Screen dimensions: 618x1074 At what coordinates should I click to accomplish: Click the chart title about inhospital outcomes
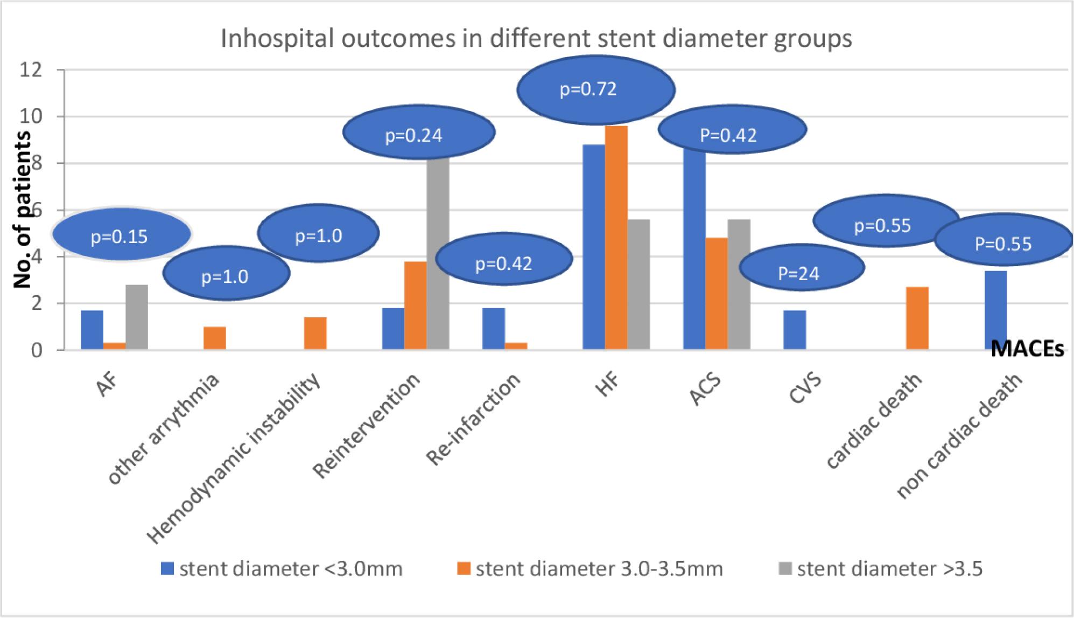coord(536,39)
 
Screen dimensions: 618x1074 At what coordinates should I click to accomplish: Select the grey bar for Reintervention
coord(438,253)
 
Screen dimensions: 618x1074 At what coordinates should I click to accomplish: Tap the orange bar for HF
coord(616,237)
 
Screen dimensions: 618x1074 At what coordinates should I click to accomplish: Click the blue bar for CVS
coord(795,330)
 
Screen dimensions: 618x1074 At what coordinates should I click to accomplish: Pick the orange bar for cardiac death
coord(917,318)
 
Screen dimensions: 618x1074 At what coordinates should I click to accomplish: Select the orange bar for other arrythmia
coord(215,338)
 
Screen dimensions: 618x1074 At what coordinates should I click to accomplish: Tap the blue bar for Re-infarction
coord(494,329)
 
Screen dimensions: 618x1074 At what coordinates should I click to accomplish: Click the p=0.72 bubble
coord(595,89)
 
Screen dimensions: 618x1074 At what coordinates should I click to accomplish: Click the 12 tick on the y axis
coord(31,70)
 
